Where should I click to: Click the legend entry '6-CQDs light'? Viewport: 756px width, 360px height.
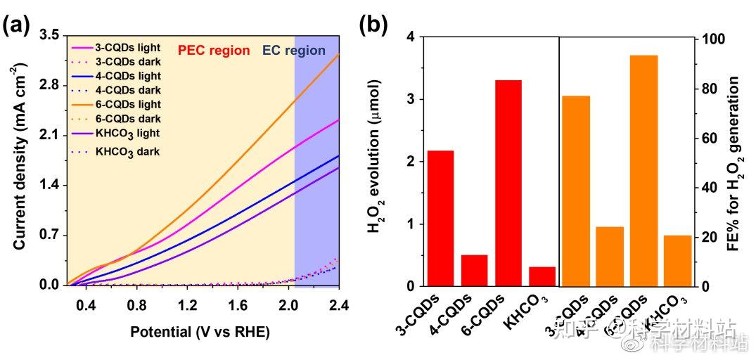click(127, 104)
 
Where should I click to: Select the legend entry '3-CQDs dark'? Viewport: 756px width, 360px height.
click(127, 62)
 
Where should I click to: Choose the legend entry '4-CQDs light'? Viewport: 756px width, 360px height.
click(127, 76)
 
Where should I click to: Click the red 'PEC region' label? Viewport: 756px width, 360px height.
click(213, 51)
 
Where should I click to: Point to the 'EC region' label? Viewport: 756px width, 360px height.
click(293, 51)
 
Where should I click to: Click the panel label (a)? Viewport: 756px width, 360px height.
click(15, 25)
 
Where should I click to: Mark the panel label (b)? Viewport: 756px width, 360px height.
click(373, 25)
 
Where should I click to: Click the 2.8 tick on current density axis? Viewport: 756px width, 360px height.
click(49, 84)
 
